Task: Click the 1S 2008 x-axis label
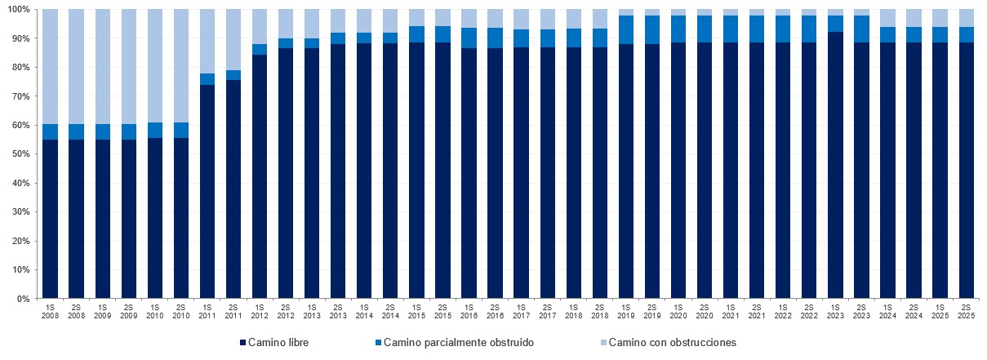50,310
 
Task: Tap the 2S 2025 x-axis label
967,310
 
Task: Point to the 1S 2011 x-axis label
207,310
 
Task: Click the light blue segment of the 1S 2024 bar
887,18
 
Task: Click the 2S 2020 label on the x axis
705,310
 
